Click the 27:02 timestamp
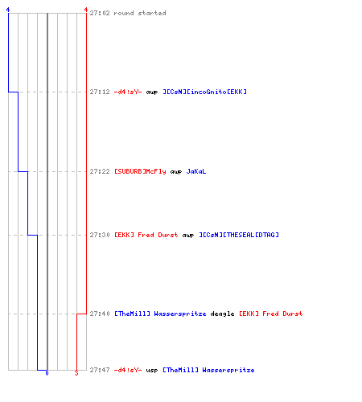[100, 13]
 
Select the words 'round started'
[140, 13]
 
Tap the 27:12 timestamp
[100, 92]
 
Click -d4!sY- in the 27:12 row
[128, 92]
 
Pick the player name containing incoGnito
[205, 92]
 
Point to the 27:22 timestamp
[100, 171]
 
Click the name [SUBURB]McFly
[140, 171]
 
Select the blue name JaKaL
[196, 171]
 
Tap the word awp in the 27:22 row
[176, 172]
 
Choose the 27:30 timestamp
[100, 235]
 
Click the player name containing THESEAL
[239, 235]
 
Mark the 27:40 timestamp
[100, 314]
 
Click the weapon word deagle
[222, 314]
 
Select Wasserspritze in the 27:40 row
[180, 314]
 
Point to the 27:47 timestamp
[100, 370]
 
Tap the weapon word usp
[152, 371]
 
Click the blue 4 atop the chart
[8, 10]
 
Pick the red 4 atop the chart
[86, 10]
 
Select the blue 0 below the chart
[47, 373]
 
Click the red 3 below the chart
[76, 373]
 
